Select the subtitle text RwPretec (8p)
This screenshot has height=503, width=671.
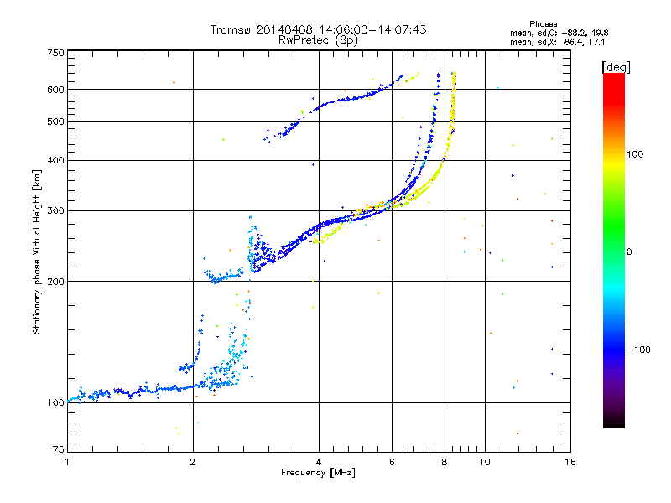tap(318, 40)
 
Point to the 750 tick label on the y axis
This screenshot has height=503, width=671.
tap(55, 53)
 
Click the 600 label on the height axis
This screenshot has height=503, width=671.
tap(55, 90)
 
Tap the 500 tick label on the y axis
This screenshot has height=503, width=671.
tap(55, 122)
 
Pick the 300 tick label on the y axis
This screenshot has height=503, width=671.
tap(55, 210)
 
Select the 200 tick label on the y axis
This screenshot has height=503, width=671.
tap(55, 282)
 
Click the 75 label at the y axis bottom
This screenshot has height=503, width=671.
tap(59, 449)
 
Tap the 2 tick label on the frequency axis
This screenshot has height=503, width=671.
tap(193, 462)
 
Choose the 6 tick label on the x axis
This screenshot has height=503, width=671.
tap(392, 462)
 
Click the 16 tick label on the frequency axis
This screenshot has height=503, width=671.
tap(570, 462)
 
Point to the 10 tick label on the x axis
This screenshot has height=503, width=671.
tap(485, 462)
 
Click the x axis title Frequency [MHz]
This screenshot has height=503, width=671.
tap(318, 473)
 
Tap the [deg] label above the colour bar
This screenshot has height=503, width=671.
tap(616, 67)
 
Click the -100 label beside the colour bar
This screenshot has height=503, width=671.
tap(638, 350)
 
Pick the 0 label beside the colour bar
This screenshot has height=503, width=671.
tap(629, 252)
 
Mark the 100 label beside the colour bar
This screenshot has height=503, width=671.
tap(635, 154)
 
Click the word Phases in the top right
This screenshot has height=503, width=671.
tap(543, 24)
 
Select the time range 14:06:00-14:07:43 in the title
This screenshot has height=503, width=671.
tap(372, 29)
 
